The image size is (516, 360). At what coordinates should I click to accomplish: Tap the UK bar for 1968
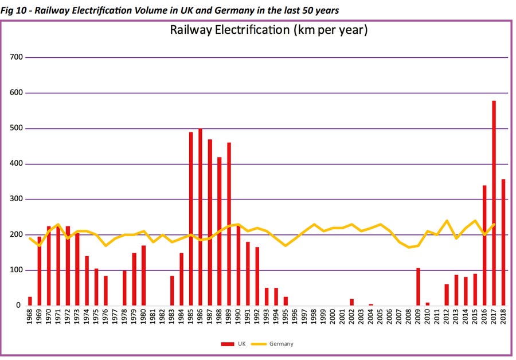pyautogui.click(x=30, y=301)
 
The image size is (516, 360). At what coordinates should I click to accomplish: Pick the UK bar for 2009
pyautogui.click(x=418, y=287)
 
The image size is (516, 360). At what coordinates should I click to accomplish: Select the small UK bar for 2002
pyautogui.click(x=351, y=302)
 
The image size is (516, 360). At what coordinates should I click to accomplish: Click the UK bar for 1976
pyautogui.click(x=105, y=291)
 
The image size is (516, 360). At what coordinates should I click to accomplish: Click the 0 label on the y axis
pyautogui.click(x=19, y=306)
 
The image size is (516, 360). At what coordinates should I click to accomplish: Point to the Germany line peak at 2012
pyautogui.click(x=446, y=221)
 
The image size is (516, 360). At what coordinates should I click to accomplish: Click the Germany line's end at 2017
pyautogui.click(x=494, y=224)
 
